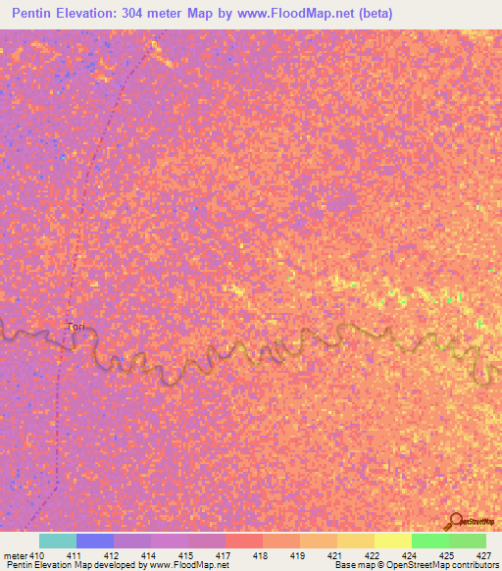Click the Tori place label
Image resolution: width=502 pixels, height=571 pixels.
[75, 326]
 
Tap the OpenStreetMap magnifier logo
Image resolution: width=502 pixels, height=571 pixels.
[457, 521]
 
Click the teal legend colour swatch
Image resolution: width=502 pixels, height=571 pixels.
[58, 541]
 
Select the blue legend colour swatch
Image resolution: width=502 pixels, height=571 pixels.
[95, 541]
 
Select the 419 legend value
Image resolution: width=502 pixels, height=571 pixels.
[297, 555]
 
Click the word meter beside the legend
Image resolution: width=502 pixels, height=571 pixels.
[13, 555]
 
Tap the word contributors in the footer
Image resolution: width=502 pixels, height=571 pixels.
[475, 565]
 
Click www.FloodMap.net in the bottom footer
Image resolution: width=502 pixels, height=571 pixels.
[189, 565]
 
